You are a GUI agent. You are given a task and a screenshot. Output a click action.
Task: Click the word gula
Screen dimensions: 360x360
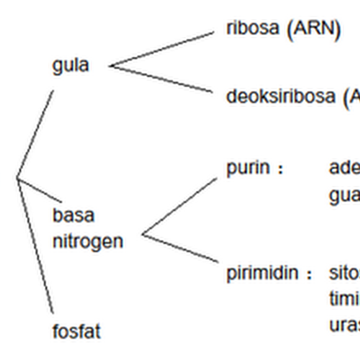click(x=71, y=66)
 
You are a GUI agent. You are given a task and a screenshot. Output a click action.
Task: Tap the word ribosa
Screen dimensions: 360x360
click(x=252, y=28)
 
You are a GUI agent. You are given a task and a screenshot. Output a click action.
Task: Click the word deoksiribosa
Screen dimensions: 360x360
click(x=280, y=96)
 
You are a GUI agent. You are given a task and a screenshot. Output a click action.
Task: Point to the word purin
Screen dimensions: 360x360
click(x=248, y=169)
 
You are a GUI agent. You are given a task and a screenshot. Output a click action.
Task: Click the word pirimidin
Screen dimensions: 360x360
click(x=262, y=273)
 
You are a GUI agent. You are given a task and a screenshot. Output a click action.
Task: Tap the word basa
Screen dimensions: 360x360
click(x=73, y=215)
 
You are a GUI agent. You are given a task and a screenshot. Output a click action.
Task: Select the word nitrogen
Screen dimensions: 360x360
click(x=88, y=242)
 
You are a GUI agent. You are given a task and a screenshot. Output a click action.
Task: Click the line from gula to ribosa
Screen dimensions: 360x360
click(x=162, y=49)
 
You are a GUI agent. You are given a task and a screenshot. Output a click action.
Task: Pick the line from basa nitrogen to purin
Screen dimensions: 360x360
click(x=179, y=206)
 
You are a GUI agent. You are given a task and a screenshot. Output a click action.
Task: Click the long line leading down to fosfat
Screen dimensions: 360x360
click(x=36, y=247)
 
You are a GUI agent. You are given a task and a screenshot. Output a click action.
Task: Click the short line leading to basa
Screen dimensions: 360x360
click(x=40, y=190)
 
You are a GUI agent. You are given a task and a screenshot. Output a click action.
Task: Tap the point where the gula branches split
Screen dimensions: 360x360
click(x=110, y=66)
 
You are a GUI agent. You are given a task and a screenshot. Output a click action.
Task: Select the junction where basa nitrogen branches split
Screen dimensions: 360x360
click(x=143, y=234)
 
